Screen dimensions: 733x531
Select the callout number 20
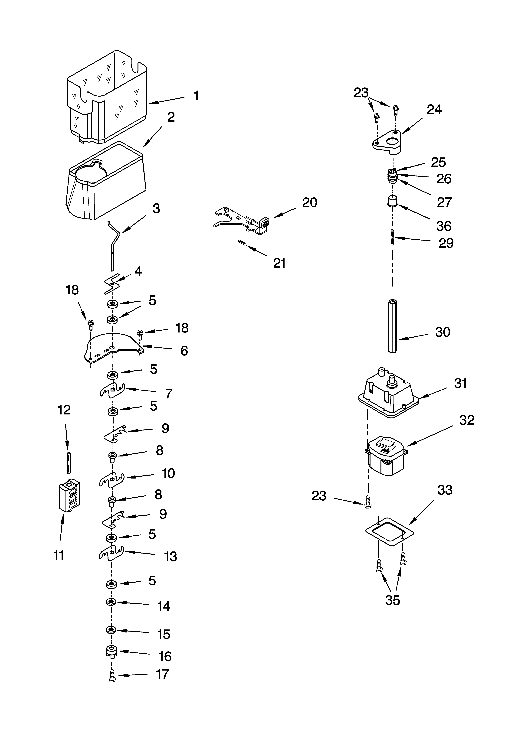tap(309, 203)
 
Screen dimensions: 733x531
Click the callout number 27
tap(444, 202)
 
